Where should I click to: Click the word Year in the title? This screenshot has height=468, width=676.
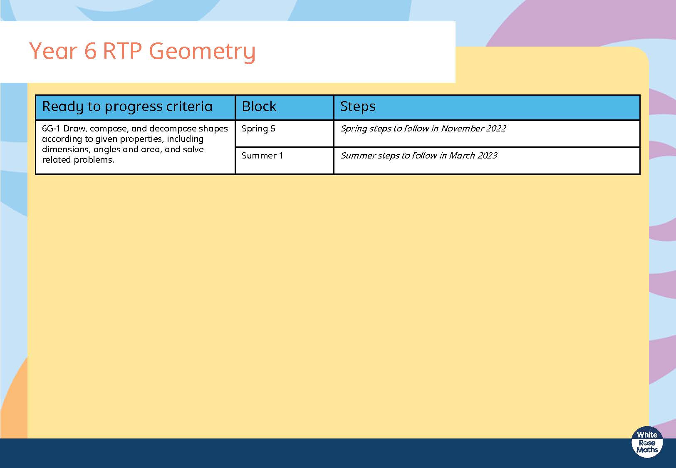tap(53, 51)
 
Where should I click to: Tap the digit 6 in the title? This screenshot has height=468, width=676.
tap(90, 51)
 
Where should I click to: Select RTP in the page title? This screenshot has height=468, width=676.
tap(122, 51)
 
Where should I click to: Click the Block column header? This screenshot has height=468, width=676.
tap(259, 106)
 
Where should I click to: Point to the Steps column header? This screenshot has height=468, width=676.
tap(358, 107)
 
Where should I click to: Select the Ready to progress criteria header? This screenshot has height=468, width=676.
tap(127, 107)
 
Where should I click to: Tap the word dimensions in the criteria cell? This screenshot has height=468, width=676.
tap(66, 149)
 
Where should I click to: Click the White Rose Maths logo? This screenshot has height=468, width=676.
tap(647, 442)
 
